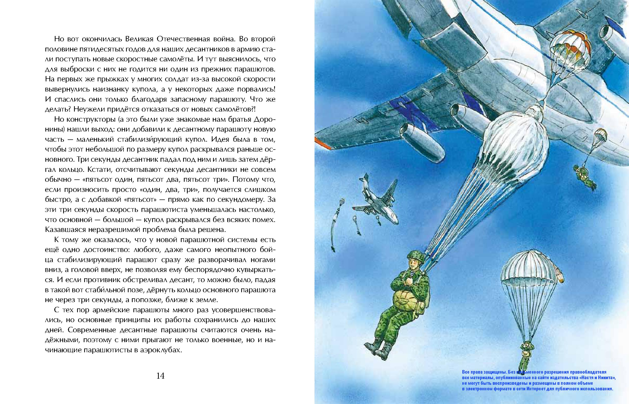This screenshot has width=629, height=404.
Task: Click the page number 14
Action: point(160,376)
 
